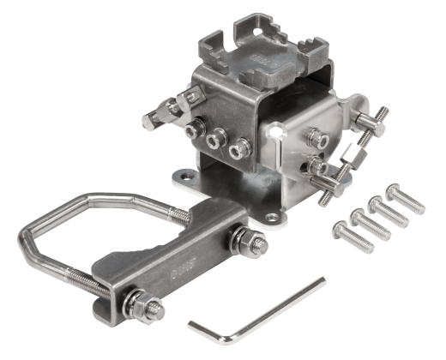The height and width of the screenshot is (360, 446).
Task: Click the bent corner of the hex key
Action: (193, 326)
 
